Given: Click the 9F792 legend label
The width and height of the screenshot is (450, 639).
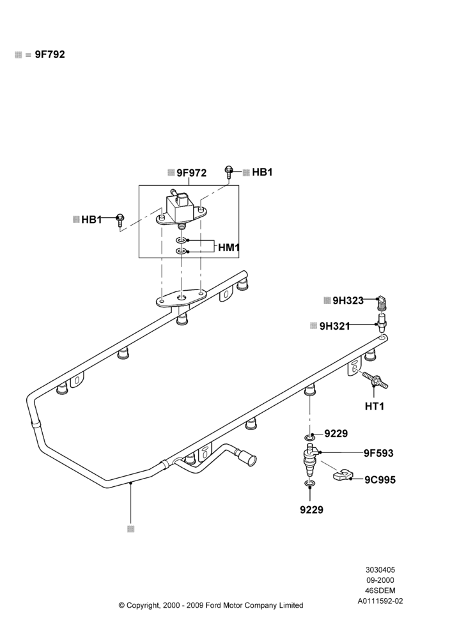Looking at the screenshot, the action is (x=50, y=54).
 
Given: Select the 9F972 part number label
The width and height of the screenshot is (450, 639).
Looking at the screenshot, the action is (x=191, y=173).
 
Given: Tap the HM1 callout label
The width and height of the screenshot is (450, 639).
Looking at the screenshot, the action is (x=229, y=247).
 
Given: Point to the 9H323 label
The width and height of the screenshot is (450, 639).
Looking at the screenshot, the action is (x=348, y=301).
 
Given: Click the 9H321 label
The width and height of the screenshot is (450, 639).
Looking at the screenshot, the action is (x=335, y=326).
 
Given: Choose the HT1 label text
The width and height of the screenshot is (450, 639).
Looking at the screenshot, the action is (x=375, y=406).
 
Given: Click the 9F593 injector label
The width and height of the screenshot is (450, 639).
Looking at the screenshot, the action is (x=378, y=453).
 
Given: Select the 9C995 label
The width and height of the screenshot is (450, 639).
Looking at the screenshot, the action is (x=380, y=480).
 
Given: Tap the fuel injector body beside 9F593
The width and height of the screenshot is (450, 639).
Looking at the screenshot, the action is (x=311, y=463).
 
